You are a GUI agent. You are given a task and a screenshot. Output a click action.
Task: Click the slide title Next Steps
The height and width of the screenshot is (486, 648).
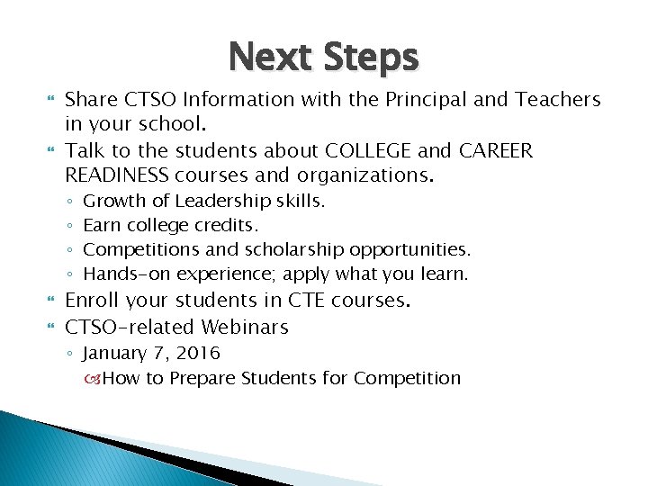[x=323, y=58]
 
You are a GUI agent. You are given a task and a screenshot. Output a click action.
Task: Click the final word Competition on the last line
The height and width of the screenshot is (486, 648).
[x=407, y=378]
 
